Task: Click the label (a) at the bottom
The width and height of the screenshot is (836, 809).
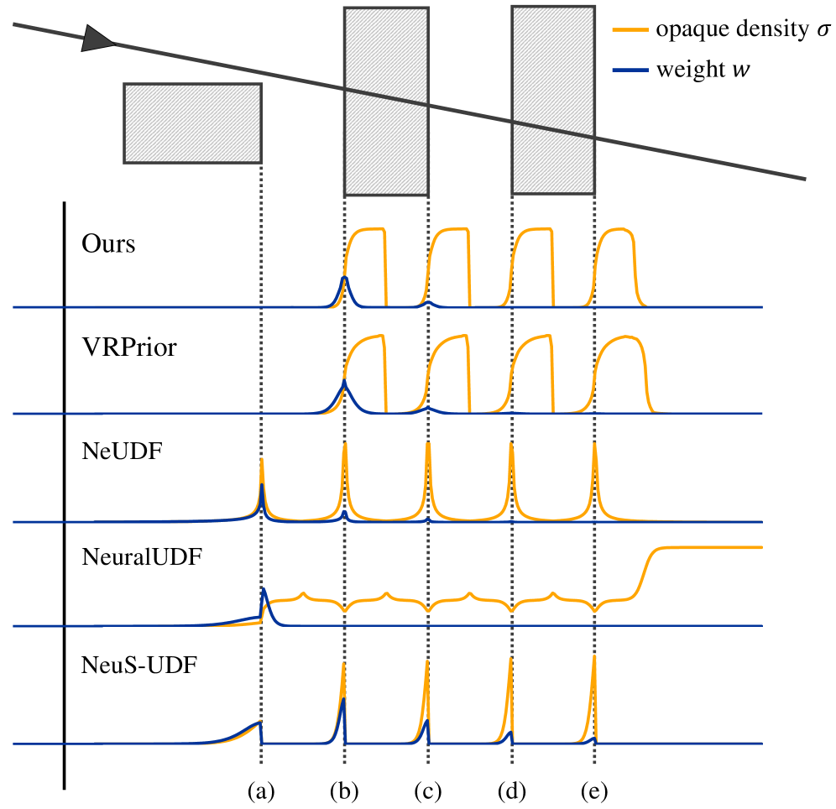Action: [261, 792]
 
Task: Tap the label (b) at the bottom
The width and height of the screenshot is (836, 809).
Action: [344, 792]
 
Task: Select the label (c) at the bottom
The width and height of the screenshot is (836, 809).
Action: [428, 792]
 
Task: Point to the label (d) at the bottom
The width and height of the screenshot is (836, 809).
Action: [511, 792]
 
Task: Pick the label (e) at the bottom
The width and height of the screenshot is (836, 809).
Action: [594, 792]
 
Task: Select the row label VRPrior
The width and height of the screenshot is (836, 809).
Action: [129, 347]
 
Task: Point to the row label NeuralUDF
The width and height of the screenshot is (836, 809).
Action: [142, 557]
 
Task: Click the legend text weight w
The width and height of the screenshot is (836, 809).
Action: [703, 70]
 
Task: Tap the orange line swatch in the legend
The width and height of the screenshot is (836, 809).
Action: [630, 30]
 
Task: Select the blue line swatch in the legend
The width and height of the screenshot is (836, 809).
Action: [630, 70]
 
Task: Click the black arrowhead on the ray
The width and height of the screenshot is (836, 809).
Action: [97, 39]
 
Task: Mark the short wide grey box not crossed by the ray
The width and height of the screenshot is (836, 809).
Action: [192, 123]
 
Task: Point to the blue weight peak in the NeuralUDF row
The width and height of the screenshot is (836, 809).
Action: [264, 592]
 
